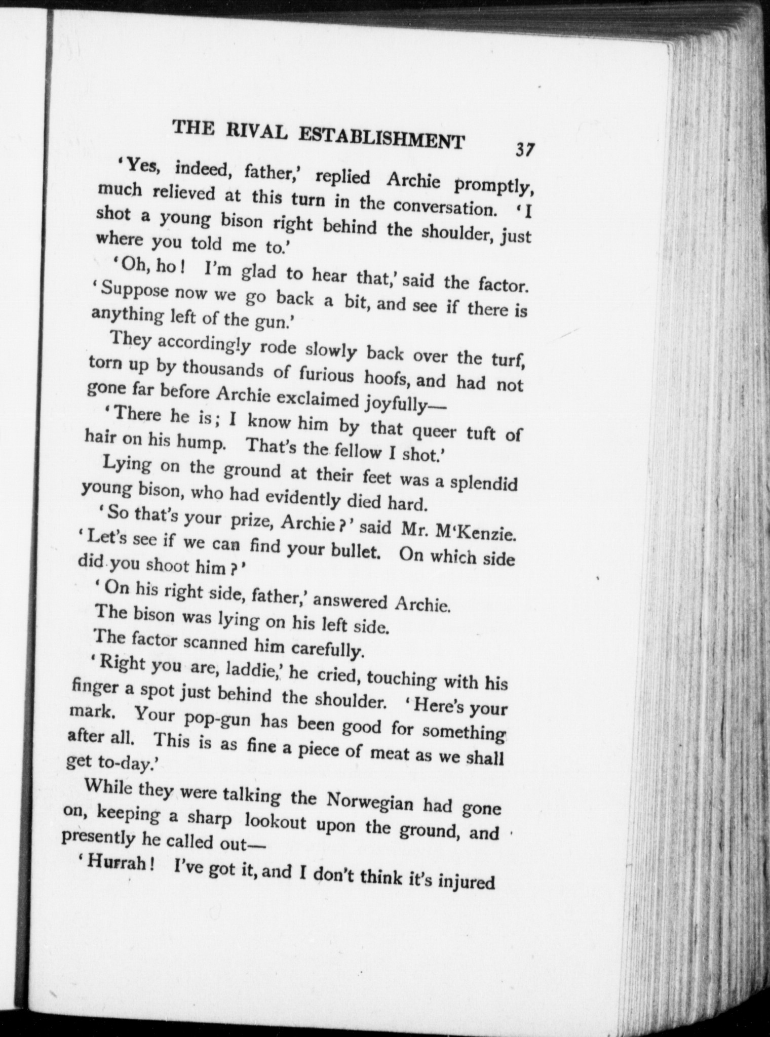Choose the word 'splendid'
click(484, 482)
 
